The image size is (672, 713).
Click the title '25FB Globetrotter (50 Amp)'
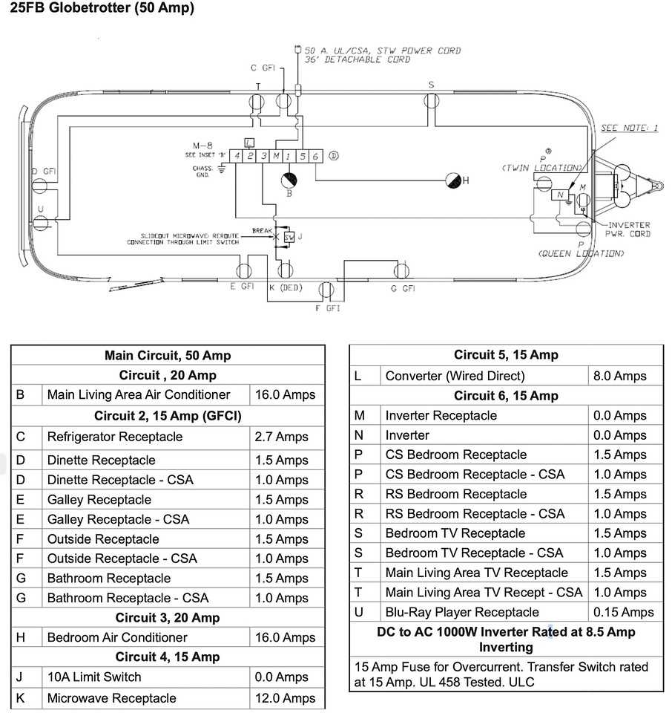102,9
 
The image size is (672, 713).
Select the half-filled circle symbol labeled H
452,180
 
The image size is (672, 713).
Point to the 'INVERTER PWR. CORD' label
629,229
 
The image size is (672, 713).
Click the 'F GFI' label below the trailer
327,307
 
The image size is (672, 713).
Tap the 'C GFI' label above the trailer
263,68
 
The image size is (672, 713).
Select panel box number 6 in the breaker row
315,155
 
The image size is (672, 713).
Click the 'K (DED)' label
286,287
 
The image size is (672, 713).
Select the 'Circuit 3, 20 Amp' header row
168,618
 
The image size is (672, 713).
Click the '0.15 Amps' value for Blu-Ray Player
624,613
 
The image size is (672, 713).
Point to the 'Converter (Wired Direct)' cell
455,376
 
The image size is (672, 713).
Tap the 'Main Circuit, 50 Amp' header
168,356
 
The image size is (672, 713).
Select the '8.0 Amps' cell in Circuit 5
619,376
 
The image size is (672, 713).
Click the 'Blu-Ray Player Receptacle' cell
462,613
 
